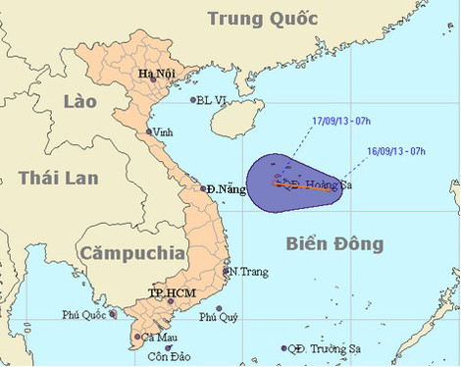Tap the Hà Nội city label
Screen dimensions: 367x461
pos(157,73)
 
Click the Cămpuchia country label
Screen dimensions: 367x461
pos(135,253)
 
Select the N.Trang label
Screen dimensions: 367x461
pos(242,271)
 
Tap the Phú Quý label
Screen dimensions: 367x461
pos(219,317)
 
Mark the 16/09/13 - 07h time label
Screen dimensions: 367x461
pos(396,151)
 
